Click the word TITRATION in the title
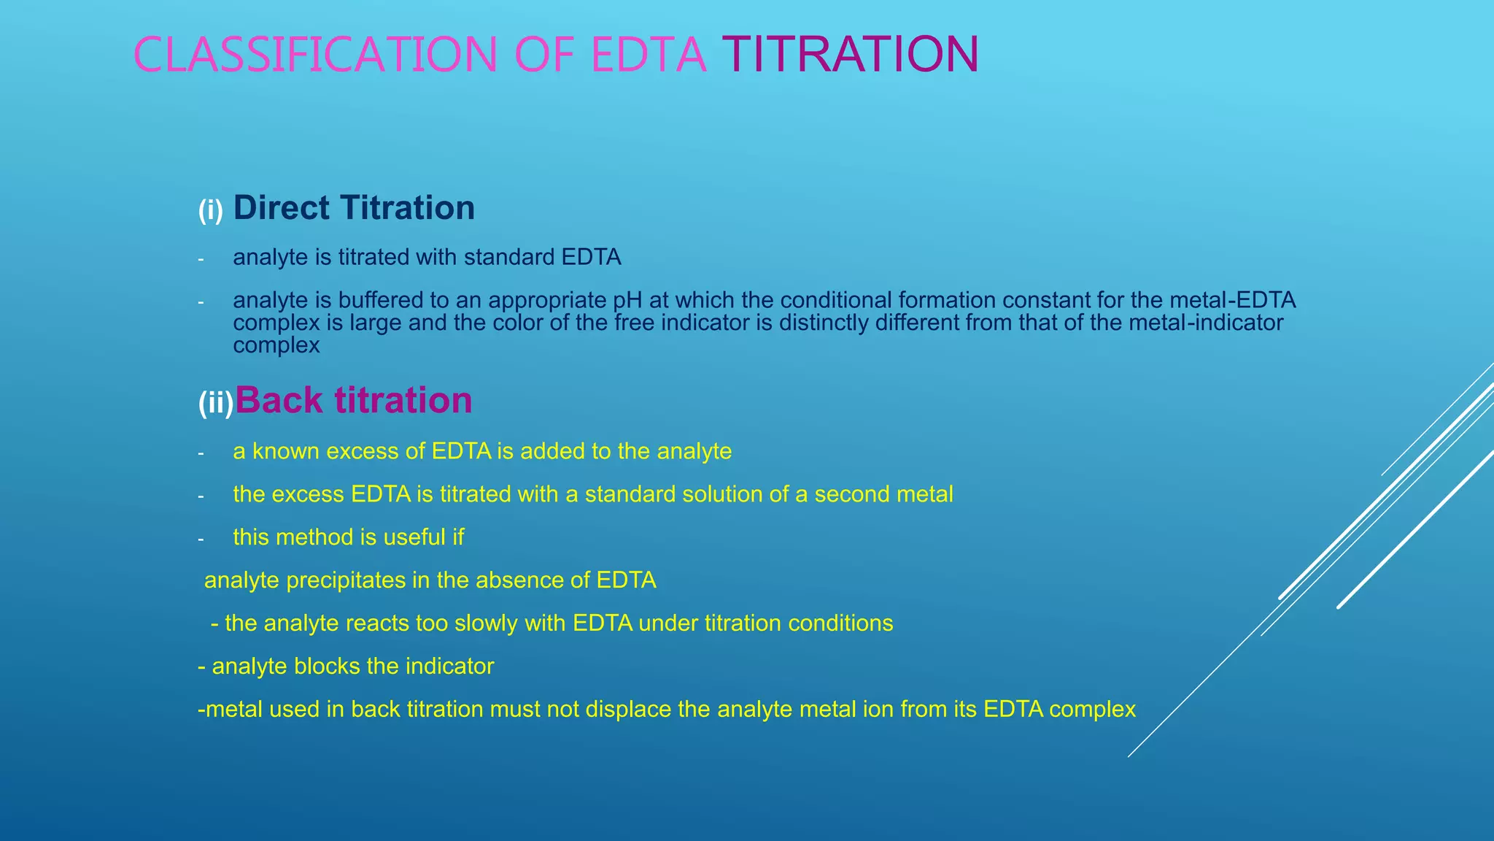click(850, 55)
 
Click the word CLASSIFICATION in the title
click(315, 55)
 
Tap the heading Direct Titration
click(354, 208)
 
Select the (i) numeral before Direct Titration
click(211, 211)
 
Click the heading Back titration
click(354, 401)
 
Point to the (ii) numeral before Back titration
click(216, 403)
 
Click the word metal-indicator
click(1206, 323)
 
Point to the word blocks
click(327, 667)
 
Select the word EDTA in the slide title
click(649, 55)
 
